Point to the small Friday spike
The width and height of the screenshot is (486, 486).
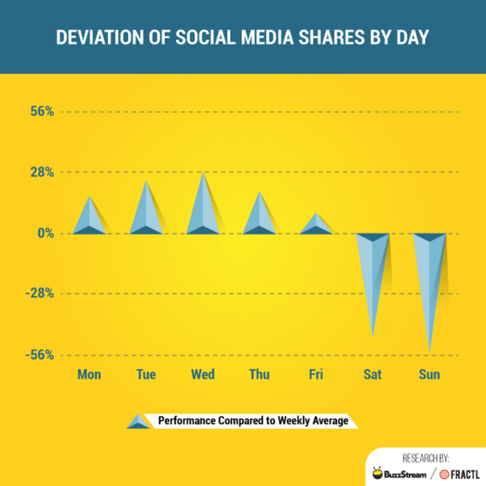pos(316,225)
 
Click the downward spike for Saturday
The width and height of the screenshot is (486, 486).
pos(372,267)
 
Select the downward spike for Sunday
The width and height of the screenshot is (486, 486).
pos(430,273)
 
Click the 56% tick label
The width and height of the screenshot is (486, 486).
pos(38,112)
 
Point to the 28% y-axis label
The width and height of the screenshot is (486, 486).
pos(38,173)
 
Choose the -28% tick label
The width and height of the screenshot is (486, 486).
pos(36,294)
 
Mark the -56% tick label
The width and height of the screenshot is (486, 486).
pos(36,355)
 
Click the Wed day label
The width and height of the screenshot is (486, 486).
pos(202,374)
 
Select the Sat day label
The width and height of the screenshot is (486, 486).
pos(372,374)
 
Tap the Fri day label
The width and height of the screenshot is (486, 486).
pos(316,374)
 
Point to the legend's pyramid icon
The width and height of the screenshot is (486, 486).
pos(139,421)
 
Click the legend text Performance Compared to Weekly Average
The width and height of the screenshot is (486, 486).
pos(253,420)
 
